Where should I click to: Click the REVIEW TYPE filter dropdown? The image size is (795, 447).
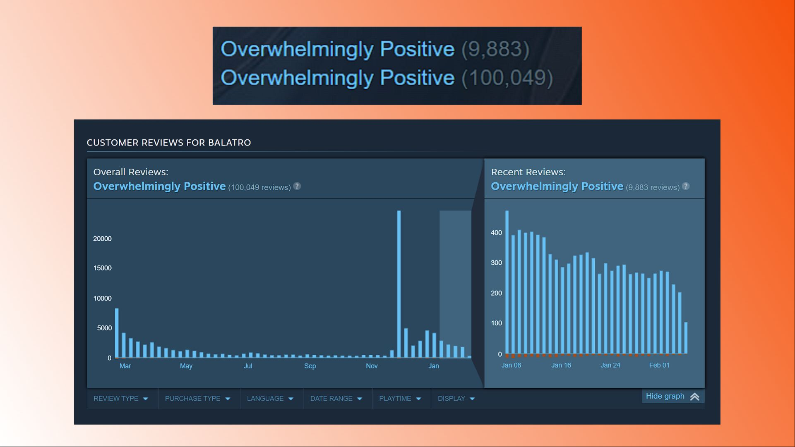[x=120, y=399]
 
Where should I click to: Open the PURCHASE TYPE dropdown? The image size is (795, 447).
[x=197, y=399]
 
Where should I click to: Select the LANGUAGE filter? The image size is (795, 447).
[x=270, y=399]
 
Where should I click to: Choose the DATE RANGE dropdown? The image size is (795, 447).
[x=336, y=399]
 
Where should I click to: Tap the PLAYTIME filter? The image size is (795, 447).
[x=400, y=399]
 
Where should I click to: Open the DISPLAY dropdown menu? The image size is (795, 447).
[x=456, y=399]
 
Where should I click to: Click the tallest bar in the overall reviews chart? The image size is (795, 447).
[x=399, y=284]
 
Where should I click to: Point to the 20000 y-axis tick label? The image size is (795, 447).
[x=102, y=239]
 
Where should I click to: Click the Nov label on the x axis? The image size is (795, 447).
[x=372, y=366]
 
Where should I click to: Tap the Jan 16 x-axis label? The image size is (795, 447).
[x=561, y=365]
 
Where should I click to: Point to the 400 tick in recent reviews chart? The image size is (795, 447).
[x=496, y=233]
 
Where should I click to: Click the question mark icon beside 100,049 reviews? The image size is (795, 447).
[x=297, y=186]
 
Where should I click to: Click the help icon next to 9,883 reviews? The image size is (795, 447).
[x=686, y=186]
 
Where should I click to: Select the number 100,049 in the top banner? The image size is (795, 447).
[x=507, y=78]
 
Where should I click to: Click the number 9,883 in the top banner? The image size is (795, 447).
[x=495, y=49]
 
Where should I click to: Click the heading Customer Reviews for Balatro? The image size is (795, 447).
[x=169, y=143]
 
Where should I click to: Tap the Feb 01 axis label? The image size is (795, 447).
[x=659, y=365]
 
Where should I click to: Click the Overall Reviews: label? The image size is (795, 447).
[x=131, y=172]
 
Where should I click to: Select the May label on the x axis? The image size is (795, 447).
[x=186, y=366]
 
